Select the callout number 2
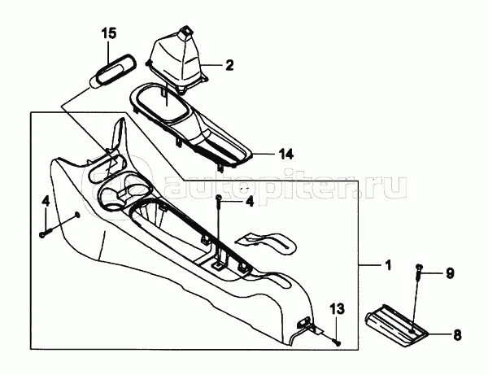tap(229, 64)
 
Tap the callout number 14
tap(285, 153)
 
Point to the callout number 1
tap(387, 265)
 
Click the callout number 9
tap(448, 273)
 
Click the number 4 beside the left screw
tap(46, 199)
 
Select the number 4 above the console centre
tap(249, 201)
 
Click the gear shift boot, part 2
tap(179, 57)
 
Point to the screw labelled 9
tap(417, 272)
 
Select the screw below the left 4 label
tap(41, 233)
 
